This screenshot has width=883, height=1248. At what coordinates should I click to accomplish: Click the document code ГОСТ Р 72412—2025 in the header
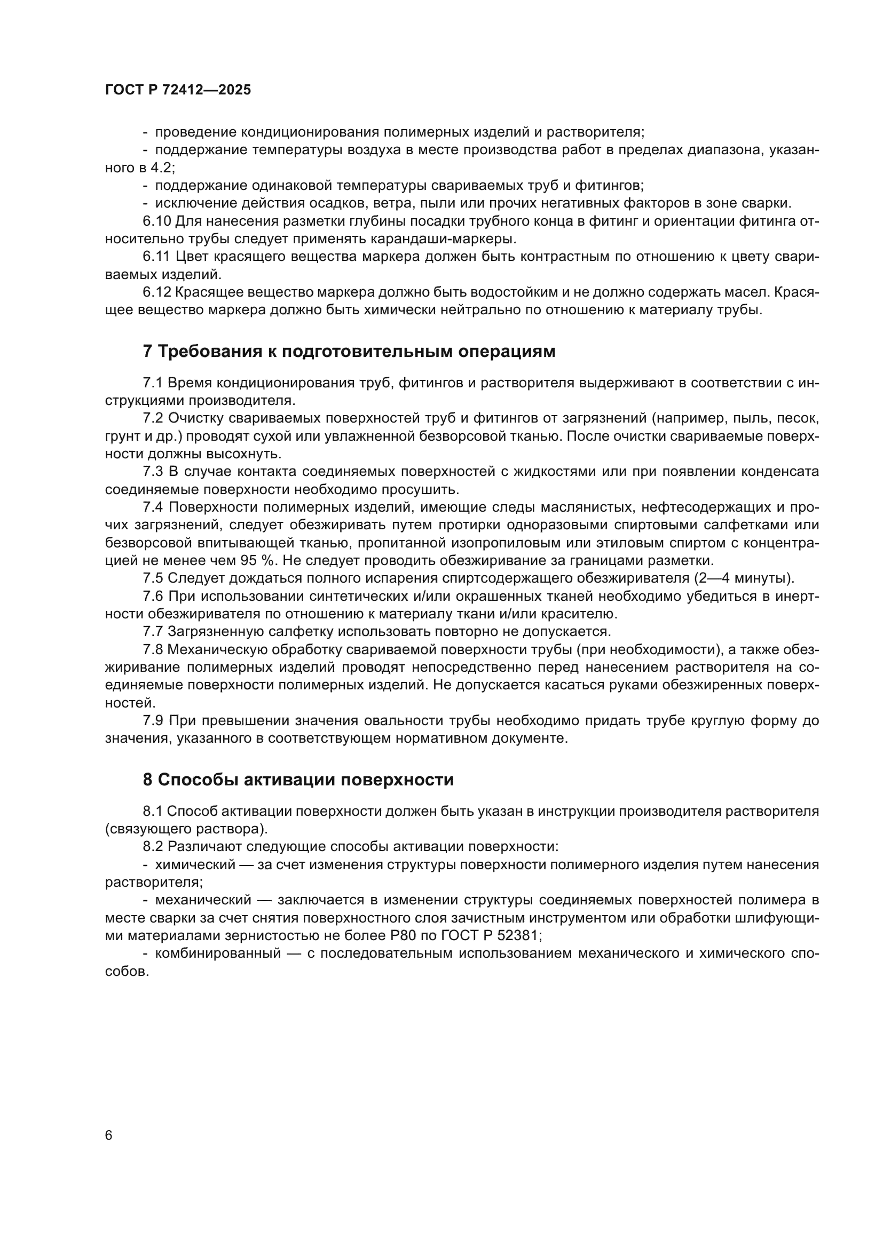[178, 90]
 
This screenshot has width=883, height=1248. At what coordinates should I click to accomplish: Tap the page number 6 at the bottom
[109, 1135]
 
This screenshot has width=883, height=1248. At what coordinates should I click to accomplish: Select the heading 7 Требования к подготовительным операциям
[349, 352]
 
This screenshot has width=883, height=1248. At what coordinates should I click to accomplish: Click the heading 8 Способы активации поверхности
[298, 780]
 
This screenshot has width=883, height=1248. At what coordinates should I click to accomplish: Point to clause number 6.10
[156, 221]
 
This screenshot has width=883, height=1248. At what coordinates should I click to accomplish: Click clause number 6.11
[156, 257]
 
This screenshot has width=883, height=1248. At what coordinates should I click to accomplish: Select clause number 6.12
[156, 292]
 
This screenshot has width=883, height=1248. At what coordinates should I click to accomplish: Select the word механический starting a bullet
[203, 900]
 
